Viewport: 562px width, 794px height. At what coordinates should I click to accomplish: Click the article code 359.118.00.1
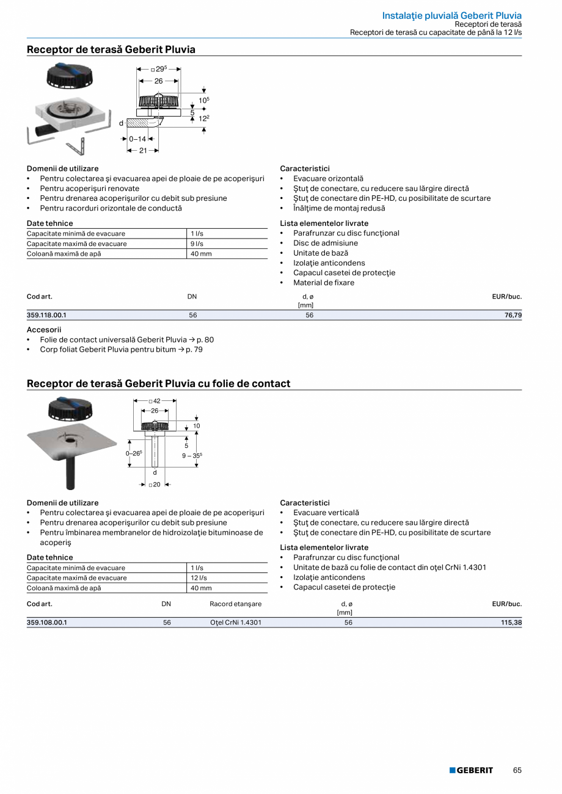46,316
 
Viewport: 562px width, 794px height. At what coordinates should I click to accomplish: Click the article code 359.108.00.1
46,623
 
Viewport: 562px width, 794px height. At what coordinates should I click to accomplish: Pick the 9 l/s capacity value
197,244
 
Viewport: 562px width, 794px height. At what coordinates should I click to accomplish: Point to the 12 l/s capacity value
199,578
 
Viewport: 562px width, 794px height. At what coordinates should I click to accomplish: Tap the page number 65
517,770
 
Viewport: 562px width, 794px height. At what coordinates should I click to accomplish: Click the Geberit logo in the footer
471,770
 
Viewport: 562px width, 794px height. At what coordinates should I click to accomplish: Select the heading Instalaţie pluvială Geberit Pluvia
451,15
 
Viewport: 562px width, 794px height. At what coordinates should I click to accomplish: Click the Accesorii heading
43,330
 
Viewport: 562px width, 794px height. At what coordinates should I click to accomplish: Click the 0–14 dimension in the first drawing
137,139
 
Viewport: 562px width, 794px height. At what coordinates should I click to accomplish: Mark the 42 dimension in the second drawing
156,402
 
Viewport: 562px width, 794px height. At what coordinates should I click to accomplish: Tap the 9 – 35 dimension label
192,455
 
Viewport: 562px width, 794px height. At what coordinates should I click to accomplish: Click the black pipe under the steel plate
71,472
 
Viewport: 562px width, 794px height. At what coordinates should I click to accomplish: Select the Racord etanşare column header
235,604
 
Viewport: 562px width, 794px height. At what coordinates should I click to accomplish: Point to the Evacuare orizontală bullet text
328,179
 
